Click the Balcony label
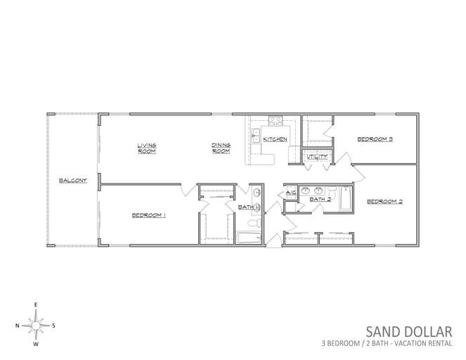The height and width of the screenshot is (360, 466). click(73, 181)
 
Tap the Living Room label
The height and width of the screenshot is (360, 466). click(147, 148)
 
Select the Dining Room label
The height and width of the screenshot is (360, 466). click(221, 148)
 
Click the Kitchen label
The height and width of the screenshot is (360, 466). click(276, 139)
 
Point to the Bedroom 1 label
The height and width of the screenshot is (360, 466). click(148, 215)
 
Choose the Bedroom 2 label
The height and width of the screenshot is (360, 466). click(384, 202)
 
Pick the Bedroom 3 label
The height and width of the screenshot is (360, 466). click(375, 139)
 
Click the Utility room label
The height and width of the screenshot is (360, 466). click(317, 156)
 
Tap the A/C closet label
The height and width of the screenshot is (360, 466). click(291, 193)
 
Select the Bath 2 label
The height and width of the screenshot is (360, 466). click(321, 199)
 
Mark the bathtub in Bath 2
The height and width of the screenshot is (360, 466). click(346, 198)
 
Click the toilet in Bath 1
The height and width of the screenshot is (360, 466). click(254, 223)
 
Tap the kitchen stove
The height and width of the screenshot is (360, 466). click(276, 121)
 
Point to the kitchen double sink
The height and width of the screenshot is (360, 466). click(256, 136)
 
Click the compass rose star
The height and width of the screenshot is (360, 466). click(36, 326)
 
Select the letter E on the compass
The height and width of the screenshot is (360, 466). click(36, 304)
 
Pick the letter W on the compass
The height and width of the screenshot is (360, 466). click(36, 345)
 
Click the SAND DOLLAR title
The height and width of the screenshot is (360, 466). click(409, 332)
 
